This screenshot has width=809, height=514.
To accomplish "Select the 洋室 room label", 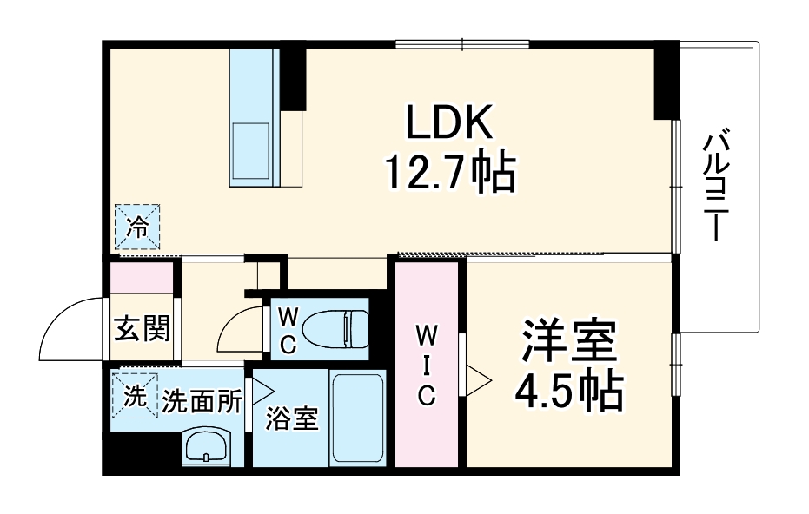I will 569,341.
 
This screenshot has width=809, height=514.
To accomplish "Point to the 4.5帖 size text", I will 569,392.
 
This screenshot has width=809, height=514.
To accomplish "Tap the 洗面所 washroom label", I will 202,401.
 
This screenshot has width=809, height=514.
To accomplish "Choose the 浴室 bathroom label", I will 293,419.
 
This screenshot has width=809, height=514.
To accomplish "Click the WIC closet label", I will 426,365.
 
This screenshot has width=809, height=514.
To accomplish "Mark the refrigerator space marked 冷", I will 137,227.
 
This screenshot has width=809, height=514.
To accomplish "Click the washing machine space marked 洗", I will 134,395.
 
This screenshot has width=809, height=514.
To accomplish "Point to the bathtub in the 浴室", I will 359,419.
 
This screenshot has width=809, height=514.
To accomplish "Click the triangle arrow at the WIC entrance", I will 479,379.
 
